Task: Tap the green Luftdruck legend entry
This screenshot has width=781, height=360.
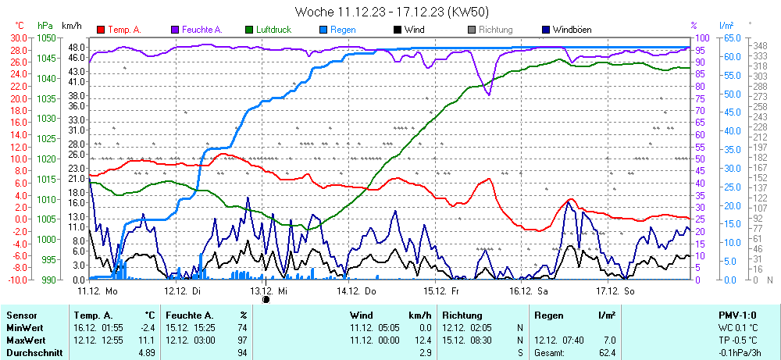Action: coord(273,30)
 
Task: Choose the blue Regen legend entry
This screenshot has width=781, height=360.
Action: coord(342,30)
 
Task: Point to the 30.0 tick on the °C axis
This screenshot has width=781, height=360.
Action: coord(19,37)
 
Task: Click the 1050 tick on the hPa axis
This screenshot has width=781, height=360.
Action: coord(46,37)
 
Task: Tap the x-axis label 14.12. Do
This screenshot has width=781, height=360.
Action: coord(357,290)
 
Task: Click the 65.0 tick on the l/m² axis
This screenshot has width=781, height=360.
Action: coord(730,37)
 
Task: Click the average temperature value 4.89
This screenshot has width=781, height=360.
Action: coord(145,353)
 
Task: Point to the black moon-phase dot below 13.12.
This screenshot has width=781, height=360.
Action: coord(266,298)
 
